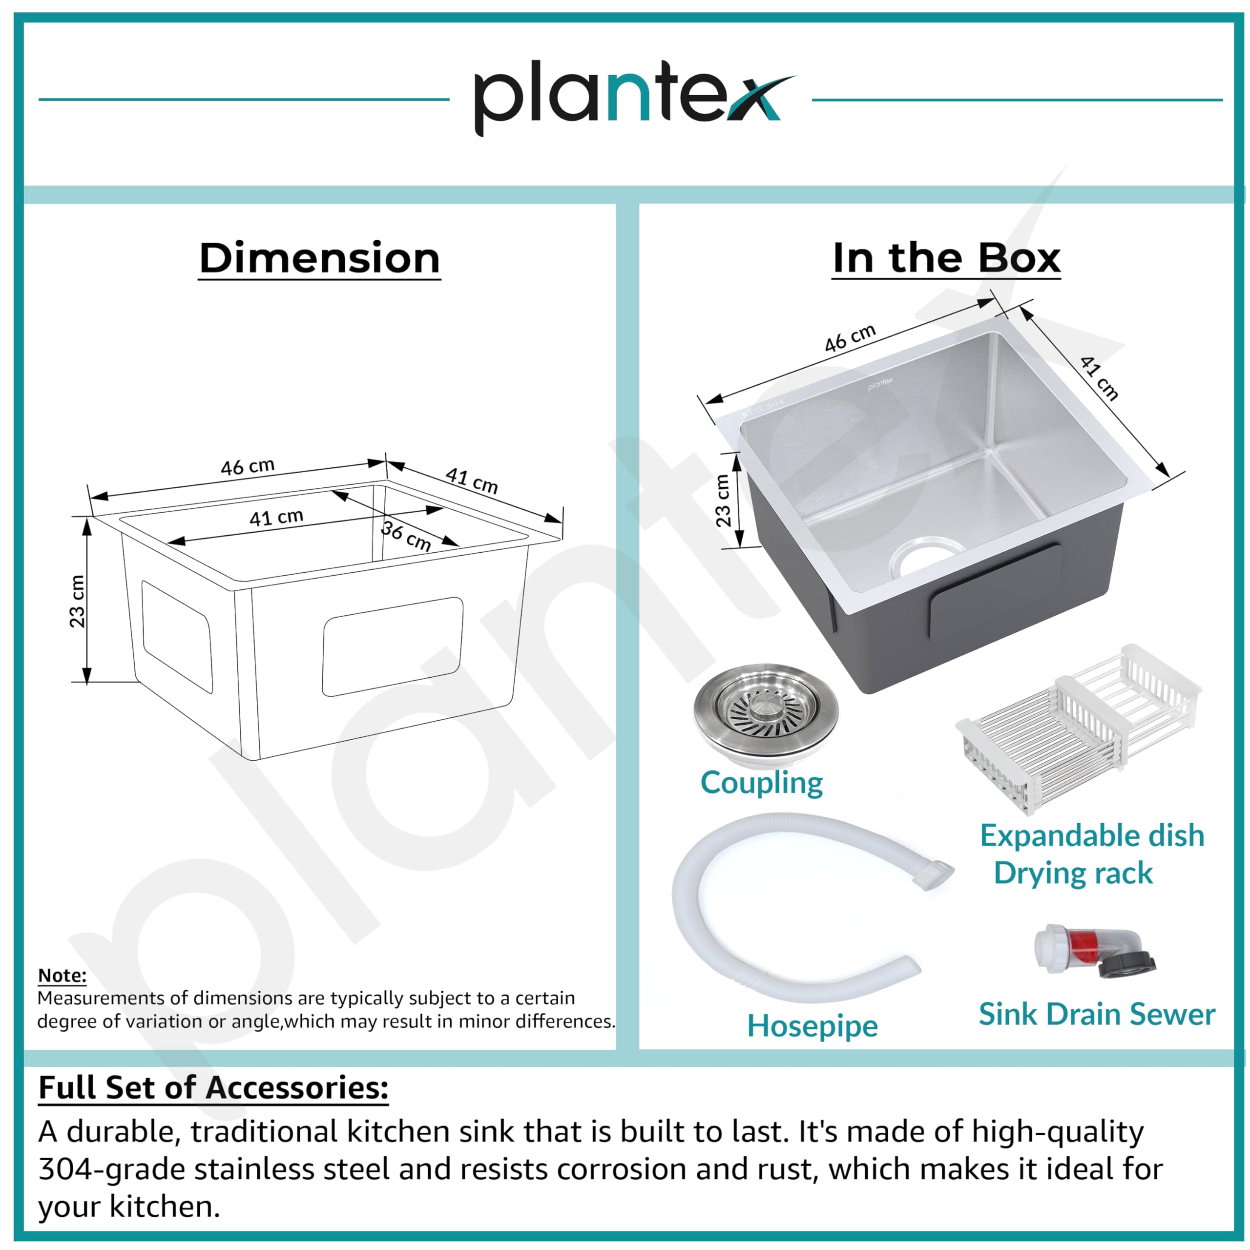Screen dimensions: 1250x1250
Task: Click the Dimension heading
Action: pos(320,258)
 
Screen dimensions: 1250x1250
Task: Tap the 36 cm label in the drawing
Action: pos(406,535)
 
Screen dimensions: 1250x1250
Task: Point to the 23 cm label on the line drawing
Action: pos(77,601)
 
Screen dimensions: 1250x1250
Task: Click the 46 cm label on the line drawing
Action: pos(248,466)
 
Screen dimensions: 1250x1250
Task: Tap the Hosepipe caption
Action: pos(812,1027)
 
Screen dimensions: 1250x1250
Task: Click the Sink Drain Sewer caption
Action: pos(1097,1014)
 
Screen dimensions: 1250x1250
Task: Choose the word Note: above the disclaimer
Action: pos(62,975)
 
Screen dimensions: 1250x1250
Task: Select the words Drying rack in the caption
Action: pos(1073,874)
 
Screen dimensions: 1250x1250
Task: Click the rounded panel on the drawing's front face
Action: pos(393,646)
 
